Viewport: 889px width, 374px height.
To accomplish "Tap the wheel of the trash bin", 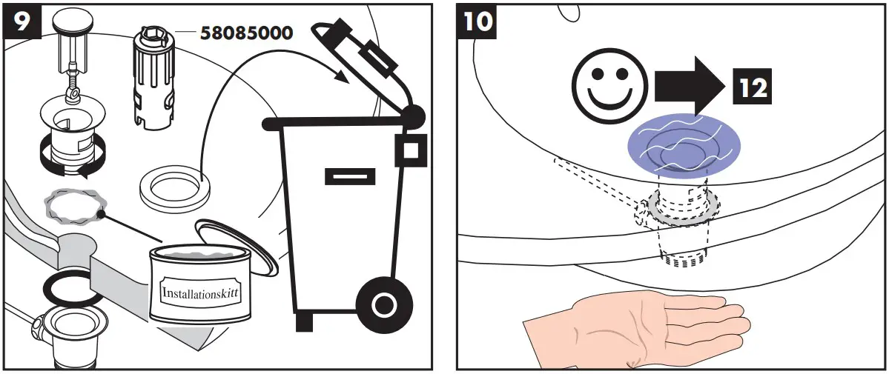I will (383, 303).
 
